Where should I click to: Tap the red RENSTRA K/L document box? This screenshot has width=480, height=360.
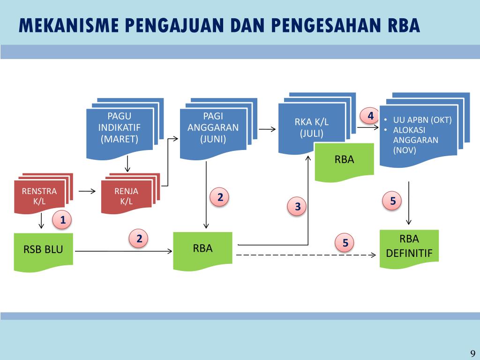point(39,196)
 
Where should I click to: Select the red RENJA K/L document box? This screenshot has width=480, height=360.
point(127,196)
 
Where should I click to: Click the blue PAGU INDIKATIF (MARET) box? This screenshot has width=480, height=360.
point(119,128)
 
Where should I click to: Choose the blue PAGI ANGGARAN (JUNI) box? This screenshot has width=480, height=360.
point(213,128)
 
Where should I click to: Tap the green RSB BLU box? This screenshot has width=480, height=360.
point(43,249)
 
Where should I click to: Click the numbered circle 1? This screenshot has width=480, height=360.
point(62,219)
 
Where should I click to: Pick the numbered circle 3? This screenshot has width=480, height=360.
point(297,206)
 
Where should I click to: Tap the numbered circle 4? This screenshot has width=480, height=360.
point(371,115)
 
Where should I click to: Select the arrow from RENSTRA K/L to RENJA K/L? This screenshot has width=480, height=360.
point(87,191)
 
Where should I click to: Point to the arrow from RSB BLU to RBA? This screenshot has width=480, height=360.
point(123,252)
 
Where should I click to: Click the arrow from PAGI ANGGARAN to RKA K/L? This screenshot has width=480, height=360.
point(267,129)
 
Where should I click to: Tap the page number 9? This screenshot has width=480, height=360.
point(472,353)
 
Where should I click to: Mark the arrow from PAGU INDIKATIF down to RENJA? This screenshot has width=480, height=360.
point(127,164)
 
